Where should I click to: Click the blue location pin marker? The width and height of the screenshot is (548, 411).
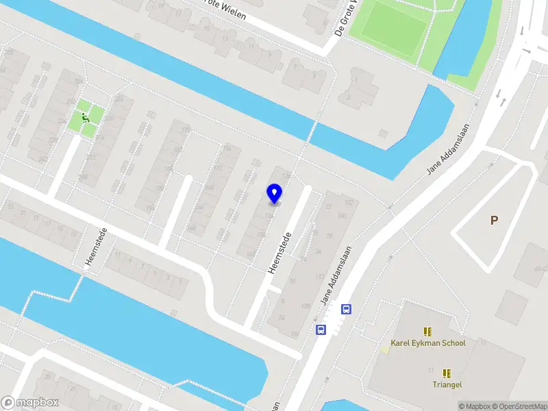point(275,193)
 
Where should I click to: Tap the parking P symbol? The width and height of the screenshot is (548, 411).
point(493,221)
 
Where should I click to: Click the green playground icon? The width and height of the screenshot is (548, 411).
point(86,118)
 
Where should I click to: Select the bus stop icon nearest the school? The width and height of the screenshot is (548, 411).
point(347,310)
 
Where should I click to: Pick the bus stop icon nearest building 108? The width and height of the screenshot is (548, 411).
point(321,329)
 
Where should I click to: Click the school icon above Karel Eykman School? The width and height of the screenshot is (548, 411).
point(427,332)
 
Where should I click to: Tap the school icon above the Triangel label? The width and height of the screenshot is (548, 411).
point(447,373)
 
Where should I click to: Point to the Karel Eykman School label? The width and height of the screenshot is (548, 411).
point(427,343)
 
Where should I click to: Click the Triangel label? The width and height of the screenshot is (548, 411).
point(447,385)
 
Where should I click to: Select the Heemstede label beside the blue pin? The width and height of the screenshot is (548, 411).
point(280,253)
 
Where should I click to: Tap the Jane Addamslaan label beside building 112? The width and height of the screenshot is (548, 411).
point(336,275)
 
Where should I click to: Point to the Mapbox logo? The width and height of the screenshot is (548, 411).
point(29,403)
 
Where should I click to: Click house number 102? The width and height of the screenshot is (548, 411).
point(349,202)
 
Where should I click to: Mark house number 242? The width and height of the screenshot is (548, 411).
point(43,160)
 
